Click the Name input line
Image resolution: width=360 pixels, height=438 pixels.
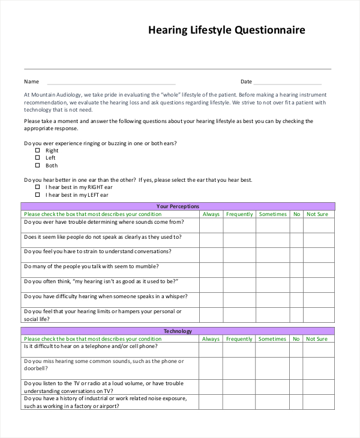pyautogui.click(x=111, y=83)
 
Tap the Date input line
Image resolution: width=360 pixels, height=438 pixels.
pyautogui.click(x=287, y=83)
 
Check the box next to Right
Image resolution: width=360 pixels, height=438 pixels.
pyautogui.click(x=37, y=151)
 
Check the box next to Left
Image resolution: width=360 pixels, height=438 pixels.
pyautogui.click(x=37, y=158)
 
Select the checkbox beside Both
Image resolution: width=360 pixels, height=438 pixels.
pyautogui.click(x=37, y=165)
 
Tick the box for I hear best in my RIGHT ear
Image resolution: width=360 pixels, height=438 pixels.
pyautogui.click(x=37, y=187)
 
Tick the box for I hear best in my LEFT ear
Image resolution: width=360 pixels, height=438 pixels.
pyautogui.click(x=37, y=194)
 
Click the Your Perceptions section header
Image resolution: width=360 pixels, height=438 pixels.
pyautogui.click(x=178, y=206)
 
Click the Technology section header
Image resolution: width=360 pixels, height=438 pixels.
pyautogui.click(x=178, y=331)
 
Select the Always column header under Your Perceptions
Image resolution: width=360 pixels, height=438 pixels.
pyautogui.click(x=211, y=214)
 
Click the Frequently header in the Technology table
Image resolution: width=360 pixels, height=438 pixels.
pyautogui.click(x=239, y=339)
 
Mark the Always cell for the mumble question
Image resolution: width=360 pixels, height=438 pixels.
pyautogui.click(x=211, y=269)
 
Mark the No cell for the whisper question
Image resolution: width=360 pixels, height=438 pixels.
pyautogui.click(x=296, y=299)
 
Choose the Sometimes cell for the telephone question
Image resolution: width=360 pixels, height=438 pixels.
pyautogui.click(x=273, y=349)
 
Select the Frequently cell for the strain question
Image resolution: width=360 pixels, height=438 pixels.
pyautogui.click(x=239, y=254)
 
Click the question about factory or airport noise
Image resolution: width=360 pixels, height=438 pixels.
pyautogui.click(x=105, y=402)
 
